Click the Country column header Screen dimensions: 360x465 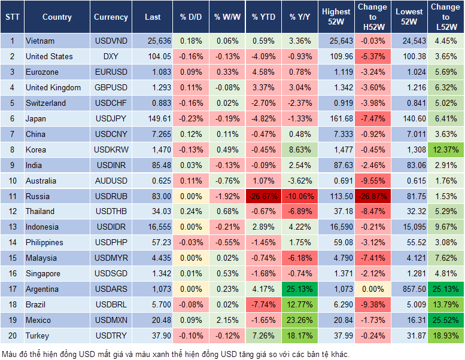56,17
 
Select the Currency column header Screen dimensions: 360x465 111,17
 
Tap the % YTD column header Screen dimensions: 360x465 263,17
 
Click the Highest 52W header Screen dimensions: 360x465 336,17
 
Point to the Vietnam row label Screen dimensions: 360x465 40,41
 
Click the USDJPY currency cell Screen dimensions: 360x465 111,118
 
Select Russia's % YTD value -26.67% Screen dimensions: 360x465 263,196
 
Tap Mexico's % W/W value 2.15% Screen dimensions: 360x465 226,321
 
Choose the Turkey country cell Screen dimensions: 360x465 38,336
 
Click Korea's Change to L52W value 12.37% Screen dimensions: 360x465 445,150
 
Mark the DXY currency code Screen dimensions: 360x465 111,56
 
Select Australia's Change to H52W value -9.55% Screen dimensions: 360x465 372,181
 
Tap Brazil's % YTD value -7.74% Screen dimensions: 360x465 263,305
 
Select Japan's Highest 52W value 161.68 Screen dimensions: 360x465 337,118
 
